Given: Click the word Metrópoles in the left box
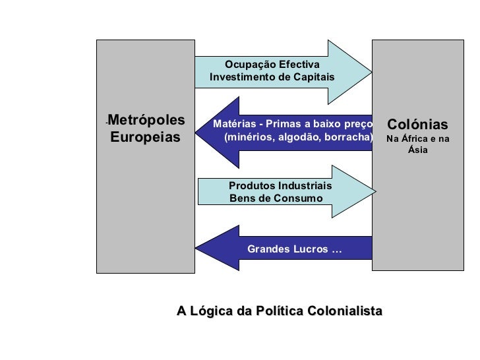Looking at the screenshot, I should pyautogui.click(x=146, y=121).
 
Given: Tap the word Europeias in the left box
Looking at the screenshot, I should pyautogui.click(x=145, y=138).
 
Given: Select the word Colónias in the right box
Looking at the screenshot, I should pyautogui.click(x=417, y=125).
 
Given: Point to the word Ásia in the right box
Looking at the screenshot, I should pyautogui.click(x=417, y=150).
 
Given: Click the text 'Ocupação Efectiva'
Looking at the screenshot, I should pyautogui.click(x=272, y=65).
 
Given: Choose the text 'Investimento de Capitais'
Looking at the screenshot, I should pyautogui.click(x=272, y=77).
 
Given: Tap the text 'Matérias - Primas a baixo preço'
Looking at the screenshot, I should pyautogui.click(x=293, y=124).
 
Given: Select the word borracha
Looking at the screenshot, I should pyautogui.click(x=346, y=138).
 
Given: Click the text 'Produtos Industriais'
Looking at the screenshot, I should pyautogui.click(x=280, y=186).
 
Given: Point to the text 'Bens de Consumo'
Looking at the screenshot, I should pyautogui.click(x=276, y=198).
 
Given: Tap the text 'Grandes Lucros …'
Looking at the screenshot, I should pyautogui.click(x=295, y=249).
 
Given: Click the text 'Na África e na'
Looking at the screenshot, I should pyautogui.click(x=417, y=139).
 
